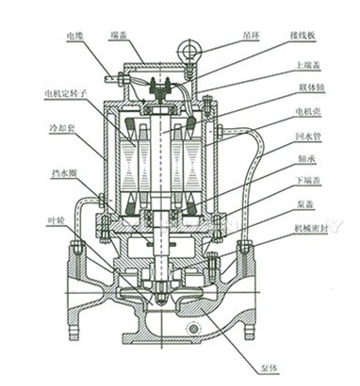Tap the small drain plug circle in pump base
[x=194, y=328]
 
